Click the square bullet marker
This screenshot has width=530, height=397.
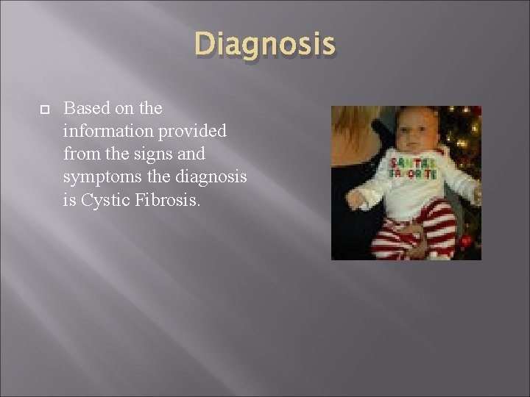point(43,109)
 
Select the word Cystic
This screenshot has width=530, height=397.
point(104,200)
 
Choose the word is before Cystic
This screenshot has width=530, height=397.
point(70,200)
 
